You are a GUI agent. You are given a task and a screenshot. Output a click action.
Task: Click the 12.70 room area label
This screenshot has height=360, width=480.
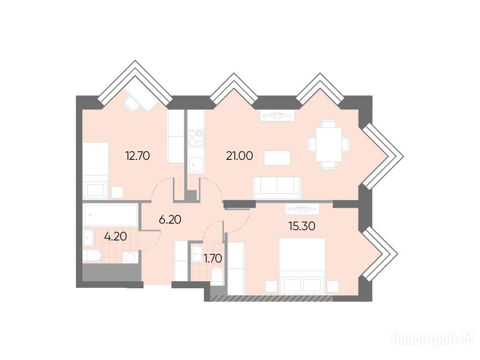137,156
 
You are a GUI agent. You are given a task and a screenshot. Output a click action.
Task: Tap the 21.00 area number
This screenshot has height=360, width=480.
240,156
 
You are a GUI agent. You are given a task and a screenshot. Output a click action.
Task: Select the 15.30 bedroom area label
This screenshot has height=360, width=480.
302,226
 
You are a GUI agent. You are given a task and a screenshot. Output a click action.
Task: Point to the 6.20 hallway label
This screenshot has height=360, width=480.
170,219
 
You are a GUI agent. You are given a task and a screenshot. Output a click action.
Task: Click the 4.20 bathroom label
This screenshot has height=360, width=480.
116,236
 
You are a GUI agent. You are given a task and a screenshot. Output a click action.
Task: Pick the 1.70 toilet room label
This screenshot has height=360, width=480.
213,259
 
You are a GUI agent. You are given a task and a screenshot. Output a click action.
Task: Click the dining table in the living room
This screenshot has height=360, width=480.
329,144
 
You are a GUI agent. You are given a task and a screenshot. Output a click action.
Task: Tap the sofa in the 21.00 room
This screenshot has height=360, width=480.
277,187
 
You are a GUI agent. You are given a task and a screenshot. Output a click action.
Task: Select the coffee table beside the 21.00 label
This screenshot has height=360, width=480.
277,157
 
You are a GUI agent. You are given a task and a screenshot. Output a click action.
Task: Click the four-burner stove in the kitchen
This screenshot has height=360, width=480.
196,138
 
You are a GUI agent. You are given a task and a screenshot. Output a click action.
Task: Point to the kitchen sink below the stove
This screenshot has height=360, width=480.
195,165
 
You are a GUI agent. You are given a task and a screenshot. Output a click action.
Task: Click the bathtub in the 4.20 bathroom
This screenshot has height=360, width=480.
110,215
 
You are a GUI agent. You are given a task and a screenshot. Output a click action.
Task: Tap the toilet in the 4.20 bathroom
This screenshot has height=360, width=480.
91,255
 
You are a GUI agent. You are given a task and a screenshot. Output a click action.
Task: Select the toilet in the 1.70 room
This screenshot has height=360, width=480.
217,277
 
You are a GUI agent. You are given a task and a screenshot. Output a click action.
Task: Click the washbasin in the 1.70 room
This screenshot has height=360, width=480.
196,254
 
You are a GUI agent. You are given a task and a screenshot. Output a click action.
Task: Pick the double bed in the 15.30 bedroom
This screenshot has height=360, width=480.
302,265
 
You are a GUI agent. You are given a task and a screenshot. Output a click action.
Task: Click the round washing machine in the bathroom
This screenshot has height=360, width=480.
131,257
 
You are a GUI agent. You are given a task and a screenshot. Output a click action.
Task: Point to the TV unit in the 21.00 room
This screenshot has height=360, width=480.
277,115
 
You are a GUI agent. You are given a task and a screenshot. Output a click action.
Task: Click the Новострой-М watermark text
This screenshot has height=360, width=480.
433,339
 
